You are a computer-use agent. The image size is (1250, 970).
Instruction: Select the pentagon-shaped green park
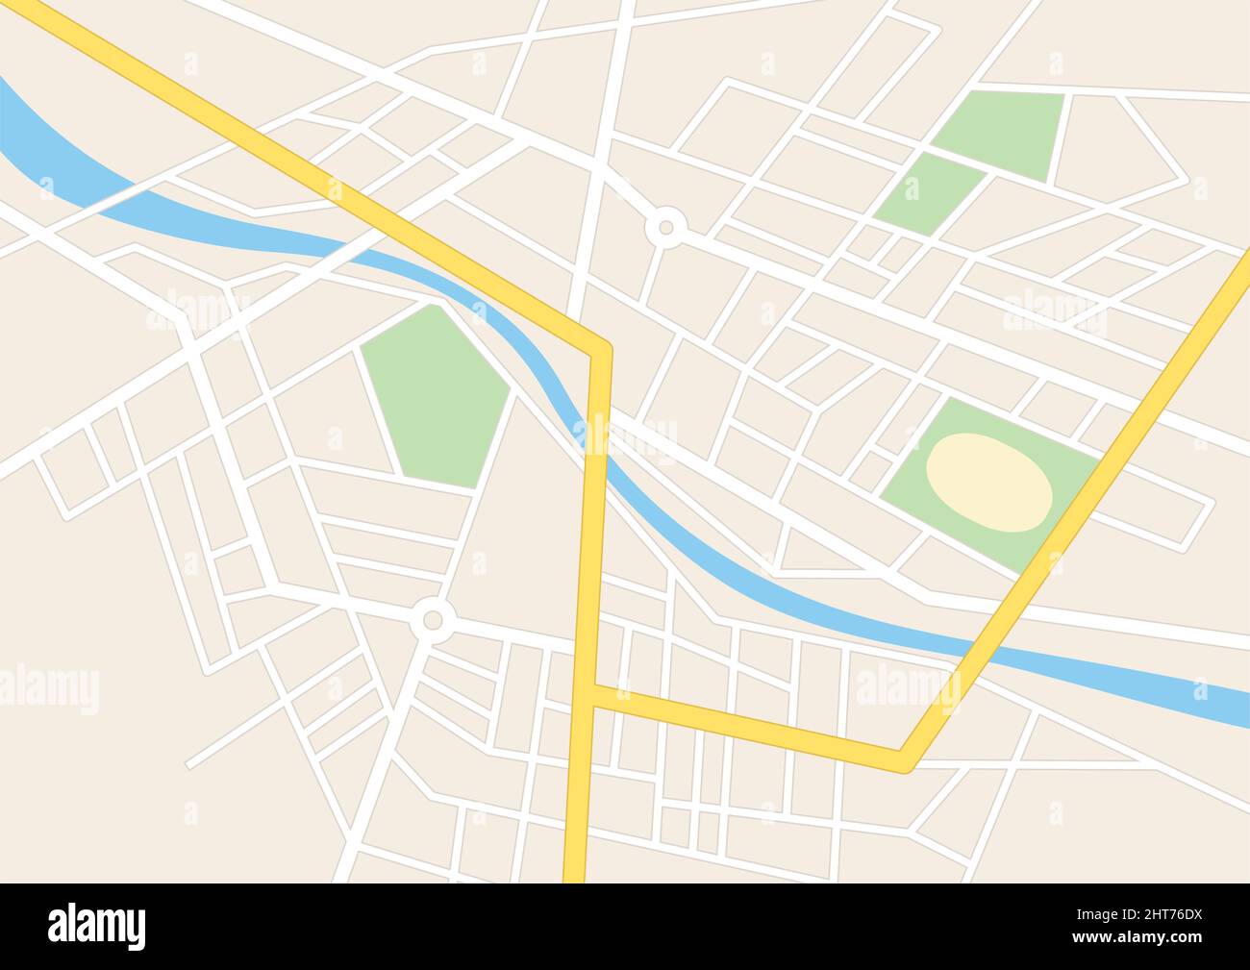(437, 394)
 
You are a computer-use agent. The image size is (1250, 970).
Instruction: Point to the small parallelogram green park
(927, 193)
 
